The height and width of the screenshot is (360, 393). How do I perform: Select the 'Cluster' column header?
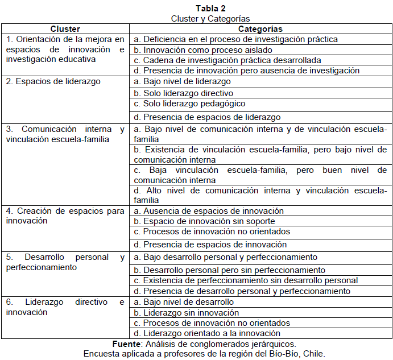click(x=65, y=29)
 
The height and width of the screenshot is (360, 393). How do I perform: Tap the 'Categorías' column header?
click(x=260, y=29)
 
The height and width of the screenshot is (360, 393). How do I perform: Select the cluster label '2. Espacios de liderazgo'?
click(x=53, y=81)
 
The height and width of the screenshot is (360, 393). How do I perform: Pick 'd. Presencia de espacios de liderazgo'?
click(x=206, y=117)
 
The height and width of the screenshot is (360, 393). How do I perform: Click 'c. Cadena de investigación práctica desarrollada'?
click(x=227, y=60)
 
